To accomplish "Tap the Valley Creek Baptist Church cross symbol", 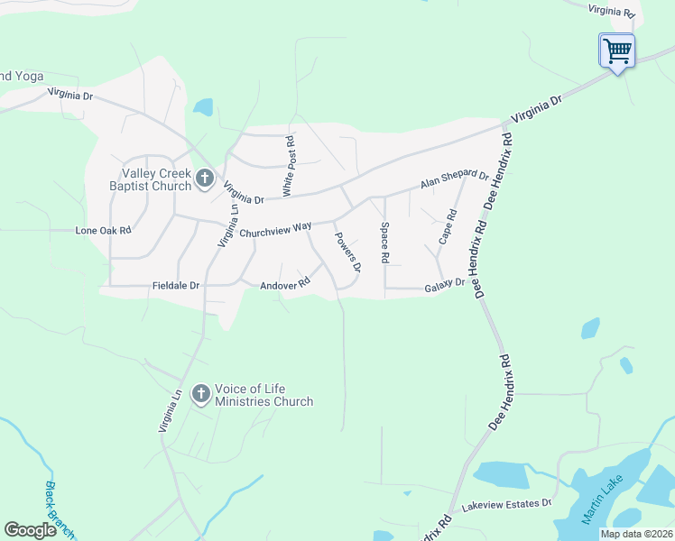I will pyautogui.click(x=204, y=179).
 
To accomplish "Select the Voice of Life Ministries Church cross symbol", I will pyautogui.click(x=200, y=393).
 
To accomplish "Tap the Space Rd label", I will pyautogui.click(x=384, y=243).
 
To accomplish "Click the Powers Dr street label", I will pyautogui.click(x=348, y=252).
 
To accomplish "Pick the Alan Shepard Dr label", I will pyautogui.click(x=454, y=180).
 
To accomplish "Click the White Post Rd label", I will pyautogui.click(x=289, y=167).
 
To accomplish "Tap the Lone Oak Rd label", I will pyautogui.click(x=103, y=230).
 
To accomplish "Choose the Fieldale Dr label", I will pyautogui.click(x=175, y=286).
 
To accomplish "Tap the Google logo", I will pyautogui.click(x=30, y=530).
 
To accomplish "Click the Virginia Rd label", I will pyautogui.click(x=613, y=11).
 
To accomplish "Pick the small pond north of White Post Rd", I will pyautogui.click(x=203, y=107).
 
